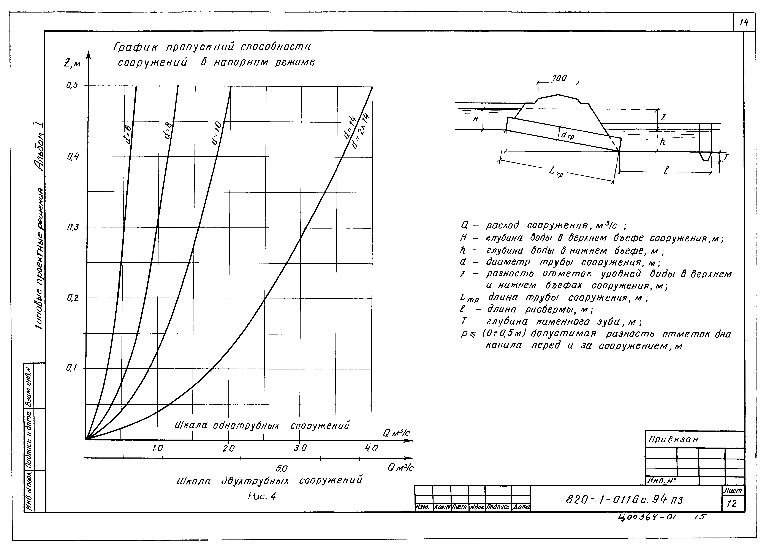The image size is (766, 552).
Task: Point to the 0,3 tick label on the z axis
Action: (72, 228)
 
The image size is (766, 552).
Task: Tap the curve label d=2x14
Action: (360, 132)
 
